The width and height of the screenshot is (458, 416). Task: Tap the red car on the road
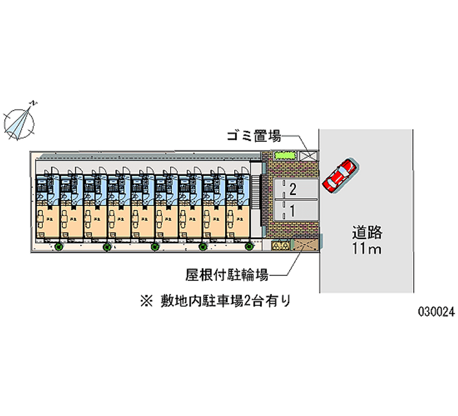tap(339, 175)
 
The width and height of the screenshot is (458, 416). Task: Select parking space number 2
tap(293, 189)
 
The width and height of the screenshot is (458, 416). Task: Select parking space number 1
tap(293, 211)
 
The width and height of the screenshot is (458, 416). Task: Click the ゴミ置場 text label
tap(252, 136)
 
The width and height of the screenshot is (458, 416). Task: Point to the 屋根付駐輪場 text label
tap(227, 275)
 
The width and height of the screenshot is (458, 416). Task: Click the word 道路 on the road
tap(366, 233)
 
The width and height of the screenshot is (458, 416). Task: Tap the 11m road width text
tap(366, 249)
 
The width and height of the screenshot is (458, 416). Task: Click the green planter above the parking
tap(285, 155)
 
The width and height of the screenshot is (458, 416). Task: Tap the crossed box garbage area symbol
tap(310, 155)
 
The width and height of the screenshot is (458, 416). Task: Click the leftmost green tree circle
tap(58, 247)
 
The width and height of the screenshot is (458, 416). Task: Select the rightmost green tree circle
tap(249, 247)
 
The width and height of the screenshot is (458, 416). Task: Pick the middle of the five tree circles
tap(155, 247)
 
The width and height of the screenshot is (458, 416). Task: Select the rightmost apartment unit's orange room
tap(237, 220)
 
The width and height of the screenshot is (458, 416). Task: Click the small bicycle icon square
tap(281, 245)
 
